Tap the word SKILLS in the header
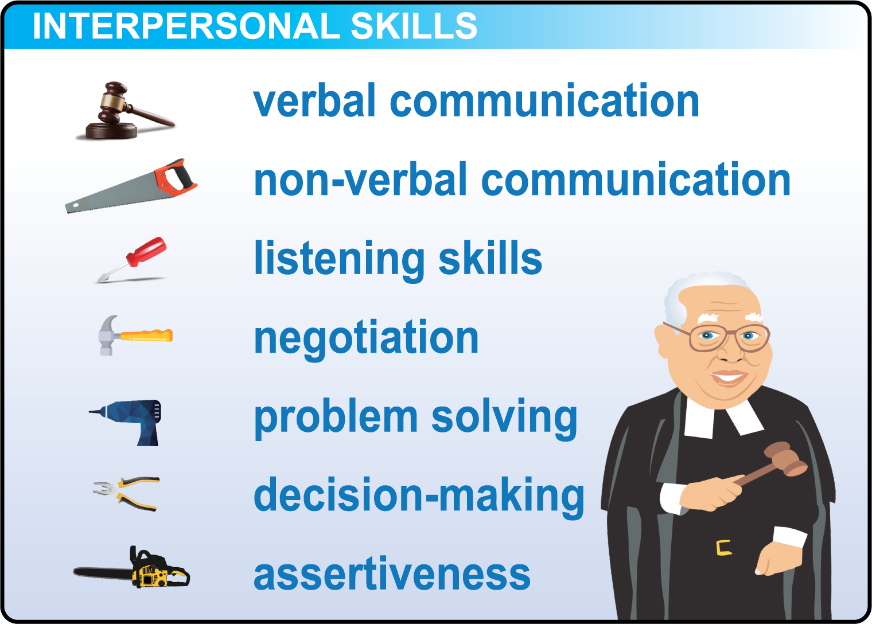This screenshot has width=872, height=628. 414,26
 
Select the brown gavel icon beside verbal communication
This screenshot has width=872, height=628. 125,111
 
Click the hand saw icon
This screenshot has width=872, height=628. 131,186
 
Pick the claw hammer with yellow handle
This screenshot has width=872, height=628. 135,335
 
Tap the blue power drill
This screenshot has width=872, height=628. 125,423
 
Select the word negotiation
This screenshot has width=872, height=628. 366,338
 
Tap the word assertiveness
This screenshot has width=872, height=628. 392,574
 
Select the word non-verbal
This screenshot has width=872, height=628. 360,180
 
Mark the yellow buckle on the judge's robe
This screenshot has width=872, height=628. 723,548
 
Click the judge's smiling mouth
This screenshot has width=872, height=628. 729,378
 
